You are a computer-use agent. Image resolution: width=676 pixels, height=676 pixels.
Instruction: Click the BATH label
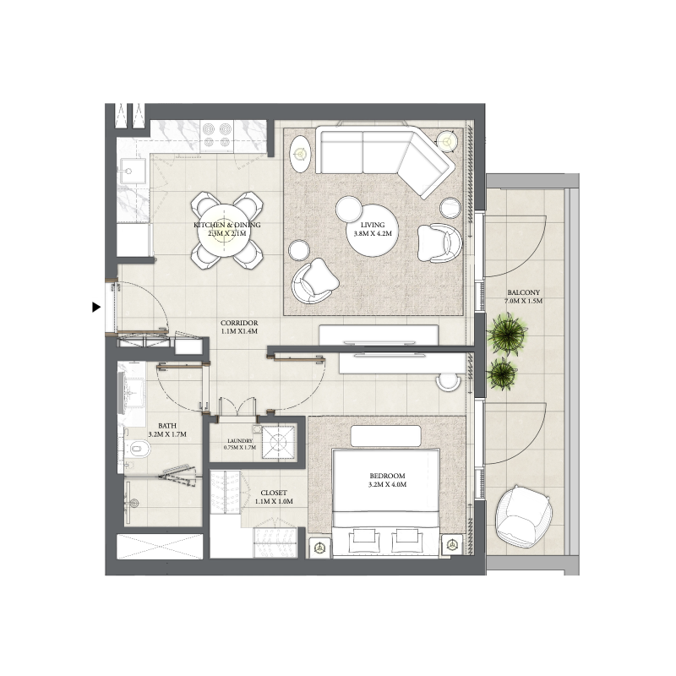click(166, 427)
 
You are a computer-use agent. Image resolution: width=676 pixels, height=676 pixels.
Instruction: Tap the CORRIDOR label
click(238, 324)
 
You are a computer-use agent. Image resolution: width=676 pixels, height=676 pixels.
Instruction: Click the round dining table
click(226, 229)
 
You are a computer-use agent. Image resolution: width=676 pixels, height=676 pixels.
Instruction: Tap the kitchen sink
click(130, 175)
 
